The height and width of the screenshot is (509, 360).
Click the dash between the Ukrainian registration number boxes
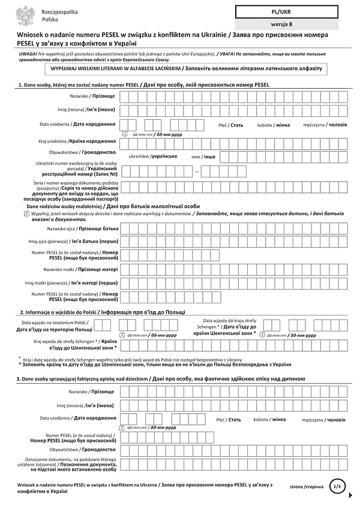tap(196, 171)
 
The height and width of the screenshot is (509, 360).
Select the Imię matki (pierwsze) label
tap(70, 282)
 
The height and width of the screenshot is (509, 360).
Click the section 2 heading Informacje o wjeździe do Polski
tap(102, 312)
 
